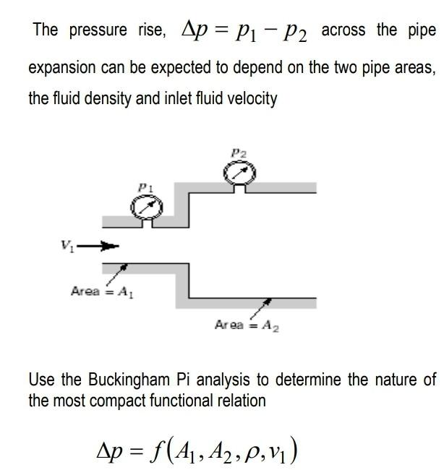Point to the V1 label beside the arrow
pyautogui.click(x=67, y=247)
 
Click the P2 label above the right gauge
pyautogui.click(x=238, y=153)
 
